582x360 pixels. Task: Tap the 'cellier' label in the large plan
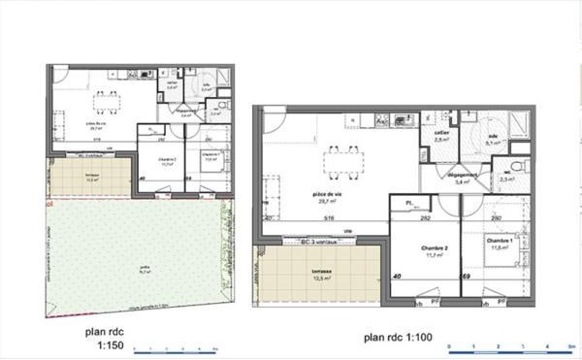click(441, 133)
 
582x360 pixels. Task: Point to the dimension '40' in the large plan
click(397, 277)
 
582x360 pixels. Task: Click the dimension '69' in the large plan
click(466, 277)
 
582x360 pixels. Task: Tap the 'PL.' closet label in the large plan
click(411, 203)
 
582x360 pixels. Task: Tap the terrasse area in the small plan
click(90, 179)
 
